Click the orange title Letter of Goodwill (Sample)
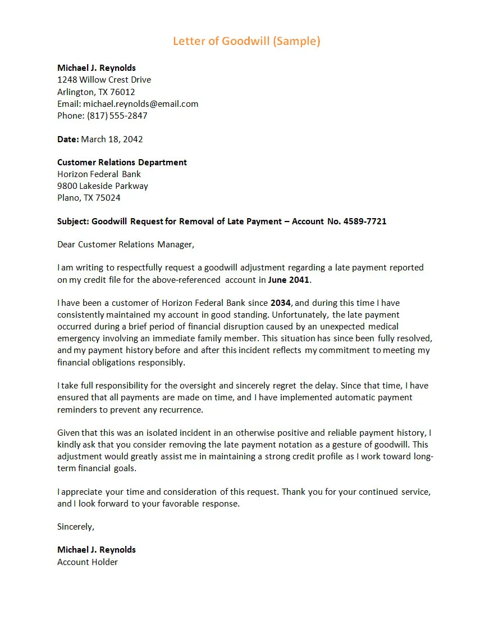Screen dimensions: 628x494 (x=246, y=41)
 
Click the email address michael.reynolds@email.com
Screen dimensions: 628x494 (x=140, y=104)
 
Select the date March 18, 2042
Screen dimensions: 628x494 (x=112, y=139)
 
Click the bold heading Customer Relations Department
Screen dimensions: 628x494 (x=122, y=162)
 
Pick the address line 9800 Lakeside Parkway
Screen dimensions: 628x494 (x=103, y=186)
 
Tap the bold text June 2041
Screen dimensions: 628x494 (x=289, y=280)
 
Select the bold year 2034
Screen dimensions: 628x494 (x=280, y=303)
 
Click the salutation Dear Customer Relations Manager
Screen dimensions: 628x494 (x=125, y=245)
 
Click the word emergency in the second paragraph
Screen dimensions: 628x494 (x=79, y=338)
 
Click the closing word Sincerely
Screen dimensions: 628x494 (x=75, y=527)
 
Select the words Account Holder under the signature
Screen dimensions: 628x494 (x=88, y=562)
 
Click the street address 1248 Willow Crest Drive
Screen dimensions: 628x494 (x=104, y=80)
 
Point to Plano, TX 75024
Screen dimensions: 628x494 (x=89, y=198)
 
